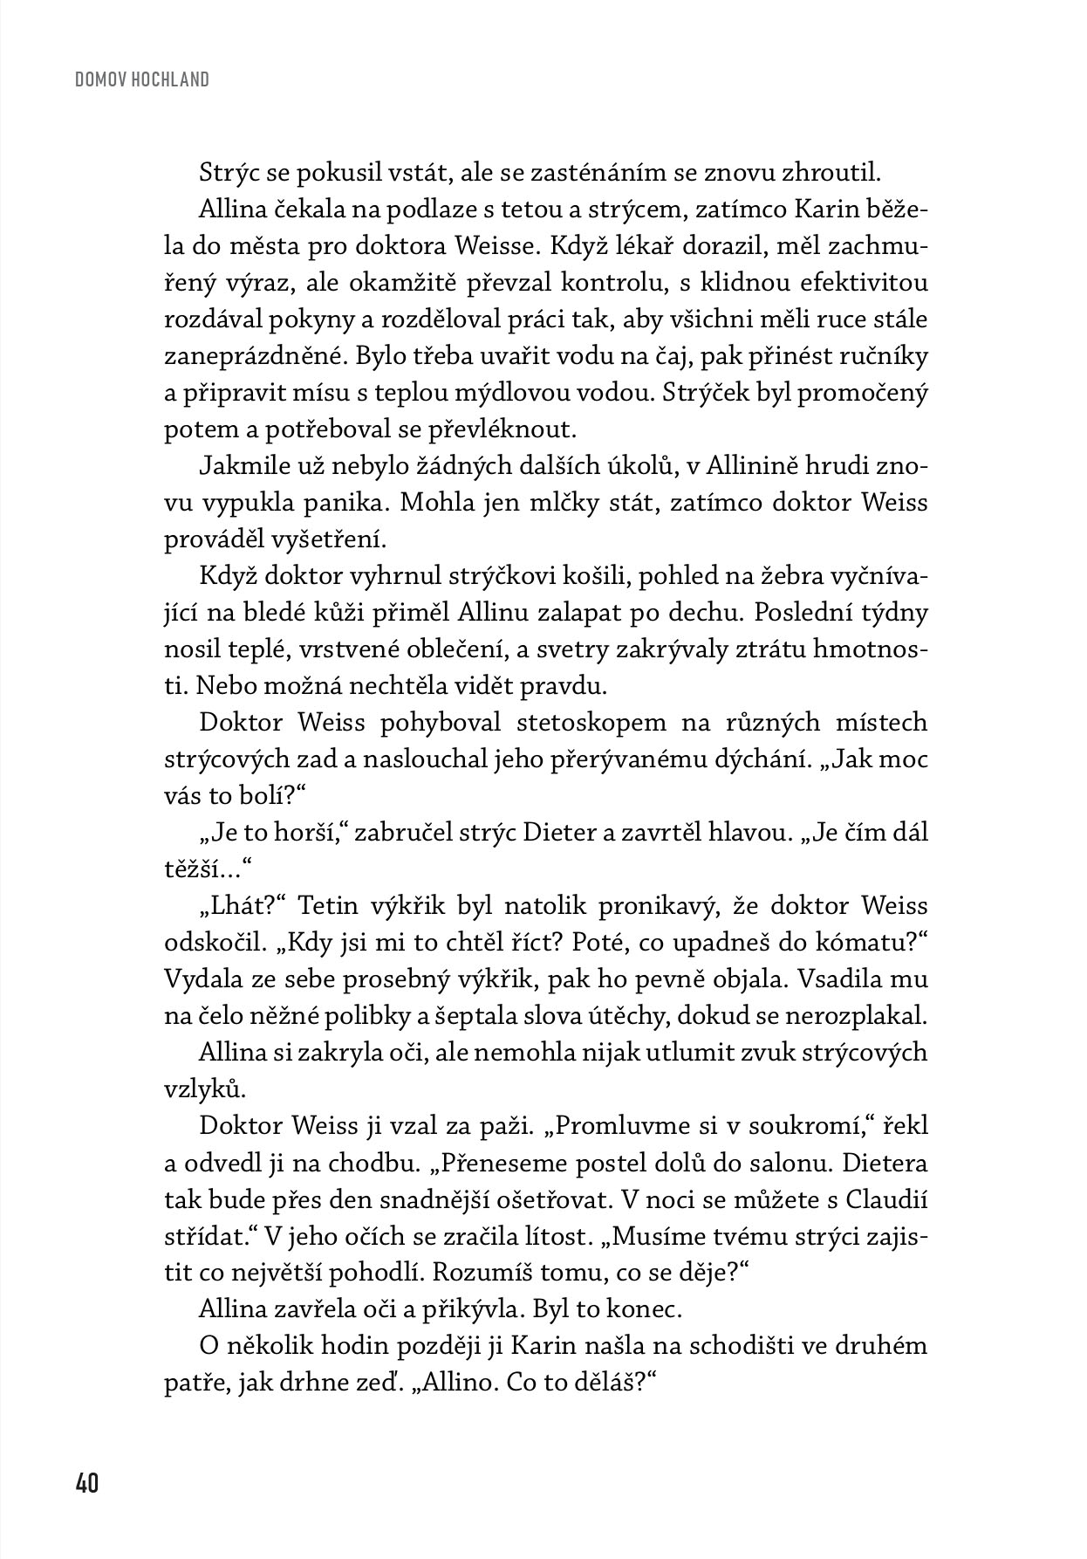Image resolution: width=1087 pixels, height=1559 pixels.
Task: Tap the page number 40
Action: click(x=87, y=1483)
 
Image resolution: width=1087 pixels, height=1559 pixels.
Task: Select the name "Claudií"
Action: click(x=886, y=1199)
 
